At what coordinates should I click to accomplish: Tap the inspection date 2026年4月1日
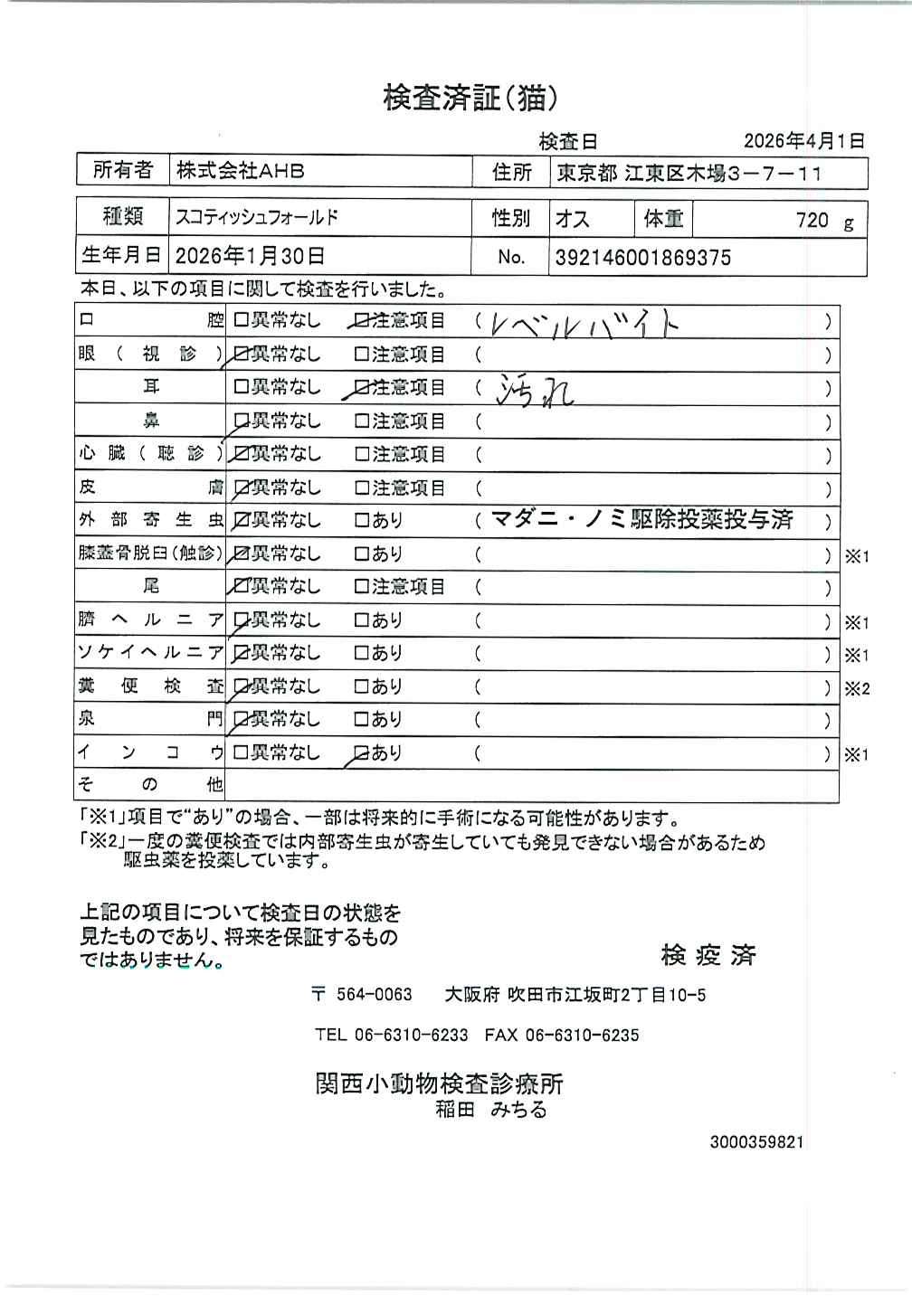[803, 141]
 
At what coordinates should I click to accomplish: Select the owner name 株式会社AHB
[240, 170]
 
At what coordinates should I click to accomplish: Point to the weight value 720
[812, 220]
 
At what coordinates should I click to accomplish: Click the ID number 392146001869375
[642, 258]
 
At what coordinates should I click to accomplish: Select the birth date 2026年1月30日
[250, 257]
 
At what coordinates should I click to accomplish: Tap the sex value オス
[572, 219]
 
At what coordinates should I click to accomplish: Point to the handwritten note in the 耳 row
[536, 390]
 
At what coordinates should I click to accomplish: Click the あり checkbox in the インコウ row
[360, 753]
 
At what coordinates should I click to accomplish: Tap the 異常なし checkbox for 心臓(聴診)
[241, 454]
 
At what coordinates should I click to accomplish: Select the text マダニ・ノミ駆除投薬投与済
[641, 519]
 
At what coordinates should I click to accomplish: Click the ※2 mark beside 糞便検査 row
[856, 688]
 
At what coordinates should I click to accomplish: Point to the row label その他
[149, 785]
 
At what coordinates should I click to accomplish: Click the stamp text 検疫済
[708, 955]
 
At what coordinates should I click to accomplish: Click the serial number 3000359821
[756, 1142]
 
